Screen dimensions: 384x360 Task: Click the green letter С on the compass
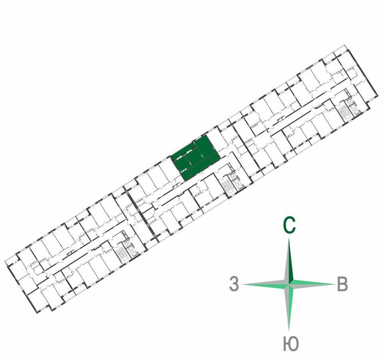tap(290, 225)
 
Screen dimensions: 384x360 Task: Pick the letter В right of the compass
tap(342, 284)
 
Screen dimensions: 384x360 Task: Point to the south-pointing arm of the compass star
tap(289, 307)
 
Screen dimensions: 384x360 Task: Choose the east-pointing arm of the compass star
tap(312, 284)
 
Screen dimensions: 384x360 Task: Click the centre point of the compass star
tap(289, 284)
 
